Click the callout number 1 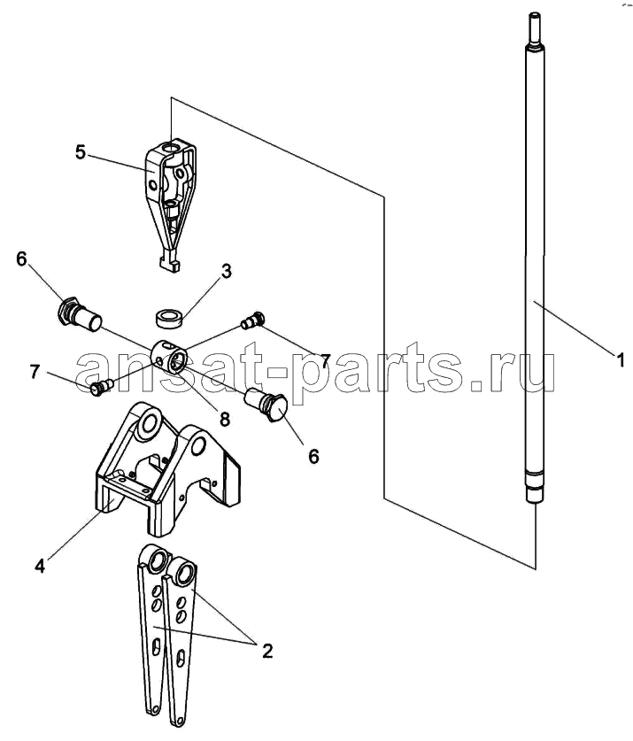click(621, 360)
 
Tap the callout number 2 click(267, 651)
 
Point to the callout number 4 click(40, 565)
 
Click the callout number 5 click(81, 152)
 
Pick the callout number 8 click(224, 418)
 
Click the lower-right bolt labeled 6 click(266, 403)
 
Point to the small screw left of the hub click(101, 387)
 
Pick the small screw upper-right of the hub click(252, 320)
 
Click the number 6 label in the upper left click(22, 259)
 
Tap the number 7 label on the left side click(34, 372)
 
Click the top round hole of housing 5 click(170, 149)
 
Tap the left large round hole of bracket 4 click(149, 423)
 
